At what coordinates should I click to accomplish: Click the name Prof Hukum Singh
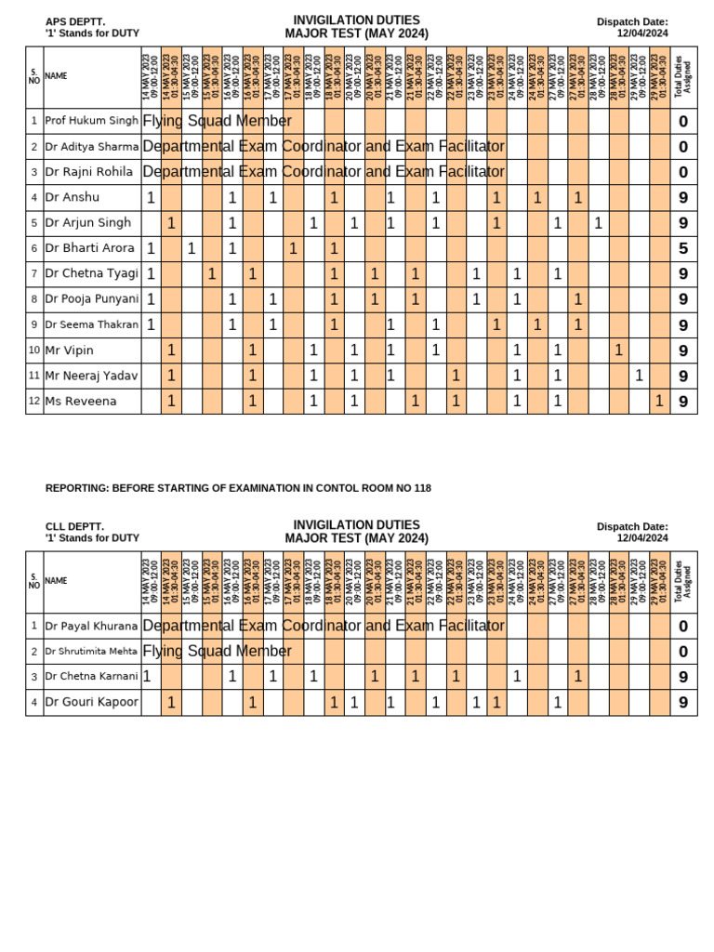pyautogui.click(x=91, y=121)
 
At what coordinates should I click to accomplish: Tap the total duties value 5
pyautogui.click(x=683, y=248)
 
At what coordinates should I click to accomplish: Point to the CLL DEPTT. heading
pyautogui.click(x=74, y=526)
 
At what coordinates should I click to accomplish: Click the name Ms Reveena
pyautogui.click(x=81, y=401)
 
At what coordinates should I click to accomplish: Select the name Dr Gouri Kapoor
pyautogui.click(x=91, y=702)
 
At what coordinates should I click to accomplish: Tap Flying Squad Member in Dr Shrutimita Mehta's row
pyautogui.click(x=217, y=651)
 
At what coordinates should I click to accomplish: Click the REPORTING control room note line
pyautogui.click(x=238, y=488)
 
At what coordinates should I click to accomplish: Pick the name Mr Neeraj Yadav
pyautogui.click(x=91, y=376)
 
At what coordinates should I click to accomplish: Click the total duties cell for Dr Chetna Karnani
pyautogui.click(x=683, y=677)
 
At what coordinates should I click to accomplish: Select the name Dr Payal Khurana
pyautogui.click(x=91, y=626)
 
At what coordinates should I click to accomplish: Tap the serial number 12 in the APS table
pyautogui.click(x=33, y=401)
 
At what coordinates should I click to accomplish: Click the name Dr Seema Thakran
pyautogui.click(x=91, y=324)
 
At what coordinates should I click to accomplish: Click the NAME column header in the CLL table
pyautogui.click(x=56, y=580)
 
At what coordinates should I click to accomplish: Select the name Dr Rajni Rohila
pyautogui.click(x=88, y=172)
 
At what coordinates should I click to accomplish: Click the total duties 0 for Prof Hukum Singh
pyautogui.click(x=683, y=121)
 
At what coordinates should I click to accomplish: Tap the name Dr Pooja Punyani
pyautogui.click(x=91, y=299)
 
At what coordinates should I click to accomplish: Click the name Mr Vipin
pyautogui.click(x=70, y=350)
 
